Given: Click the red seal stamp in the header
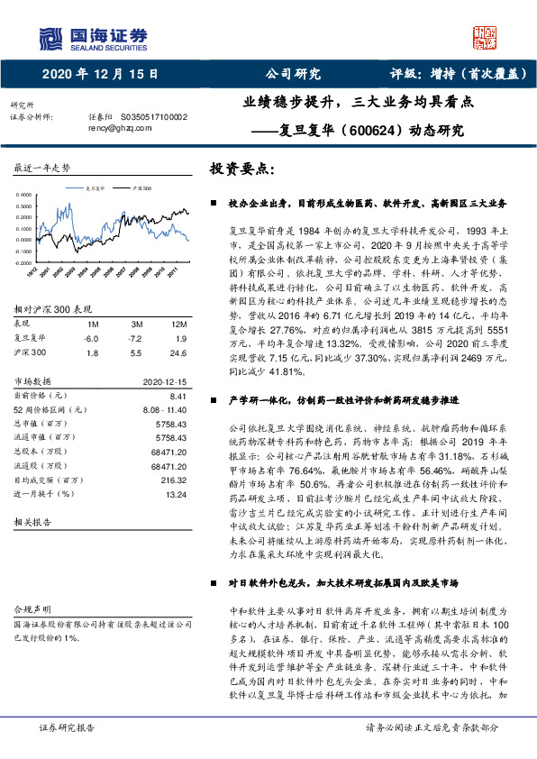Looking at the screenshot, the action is [486, 37].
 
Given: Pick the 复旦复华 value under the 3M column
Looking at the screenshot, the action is [137, 338].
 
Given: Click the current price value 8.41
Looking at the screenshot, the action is [178, 395].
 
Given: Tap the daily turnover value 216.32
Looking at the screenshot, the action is [174, 479].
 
